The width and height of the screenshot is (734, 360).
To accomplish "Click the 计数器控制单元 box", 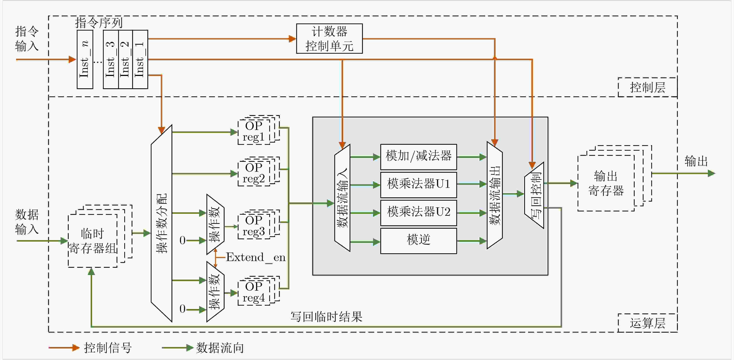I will click(x=329, y=38).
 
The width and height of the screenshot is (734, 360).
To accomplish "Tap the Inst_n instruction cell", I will click(x=85, y=59).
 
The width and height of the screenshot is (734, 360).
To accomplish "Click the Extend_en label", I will click(x=256, y=258).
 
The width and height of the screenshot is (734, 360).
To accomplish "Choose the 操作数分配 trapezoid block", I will click(x=162, y=224).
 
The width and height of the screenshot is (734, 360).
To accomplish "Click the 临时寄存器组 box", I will click(x=93, y=241).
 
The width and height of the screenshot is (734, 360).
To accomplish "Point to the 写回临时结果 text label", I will click(x=326, y=317).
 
